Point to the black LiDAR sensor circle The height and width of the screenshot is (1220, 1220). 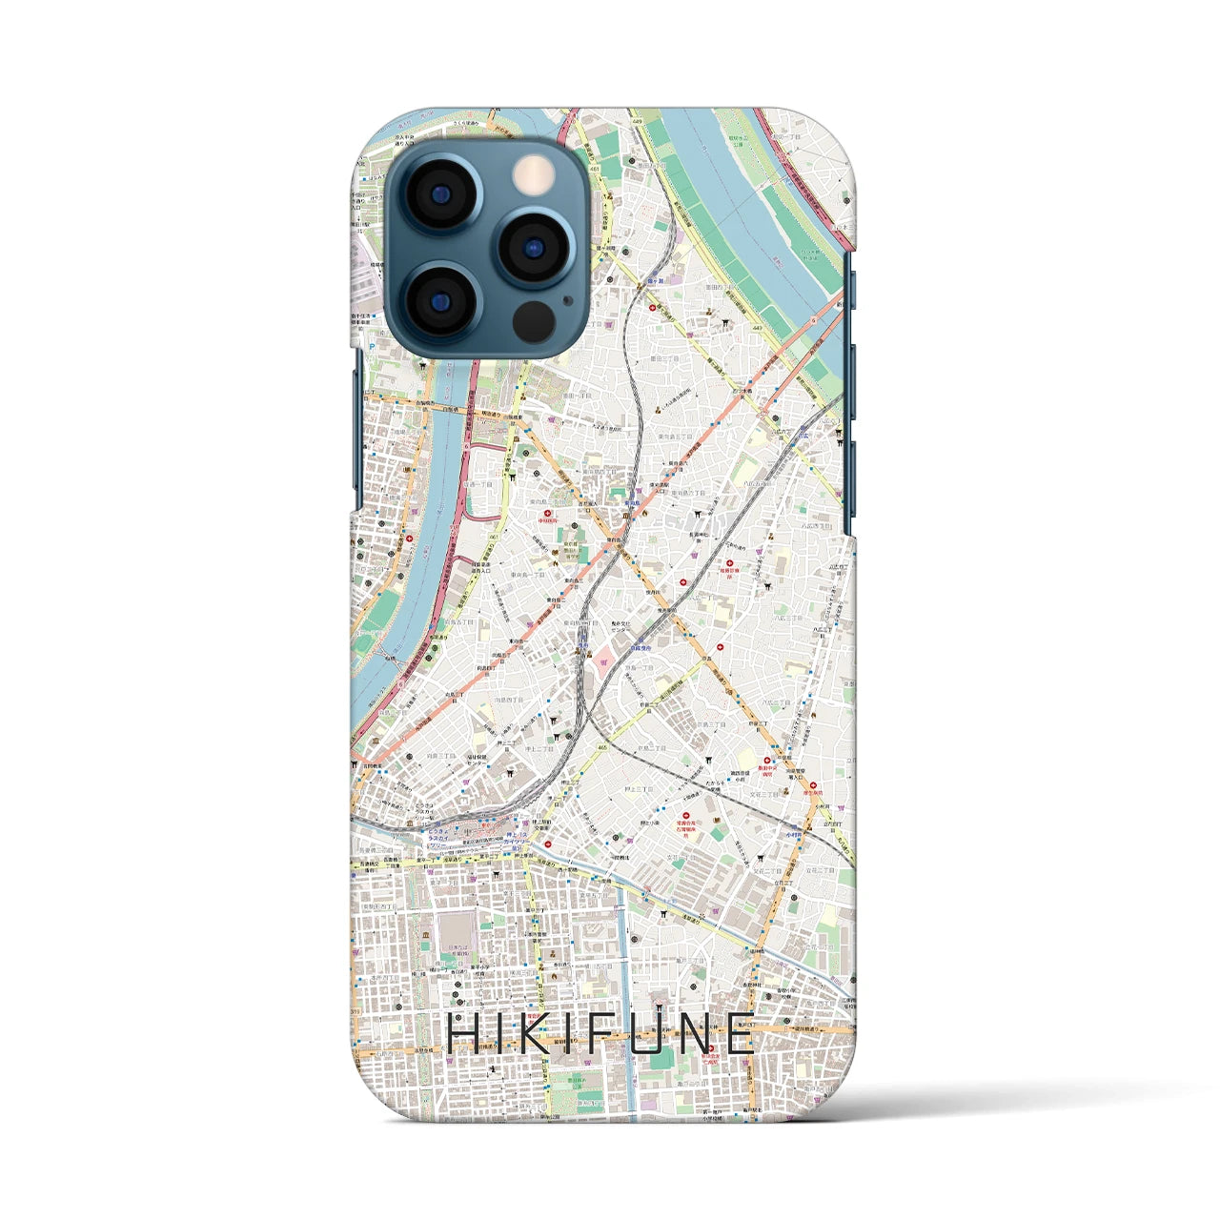coord(534,321)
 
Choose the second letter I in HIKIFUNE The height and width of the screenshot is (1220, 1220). coord(562,1035)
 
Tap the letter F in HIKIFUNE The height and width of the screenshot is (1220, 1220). coord(593,1035)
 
